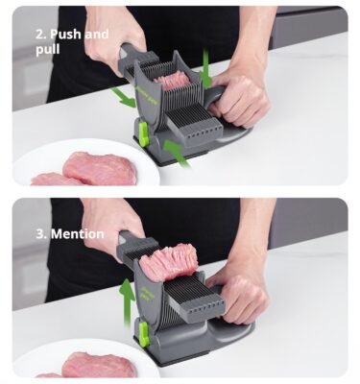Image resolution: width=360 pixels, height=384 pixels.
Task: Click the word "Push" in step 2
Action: [65, 35]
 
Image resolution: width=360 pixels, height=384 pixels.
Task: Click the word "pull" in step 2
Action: [47, 50]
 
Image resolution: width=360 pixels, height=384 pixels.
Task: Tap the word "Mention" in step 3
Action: [78, 233]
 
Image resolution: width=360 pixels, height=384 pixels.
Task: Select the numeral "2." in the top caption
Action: [41, 35]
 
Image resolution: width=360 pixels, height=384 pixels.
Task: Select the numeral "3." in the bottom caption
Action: [41, 233]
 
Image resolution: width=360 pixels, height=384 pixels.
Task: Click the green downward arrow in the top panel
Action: [205, 69]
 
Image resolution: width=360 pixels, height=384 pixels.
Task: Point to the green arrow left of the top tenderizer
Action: [124, 98]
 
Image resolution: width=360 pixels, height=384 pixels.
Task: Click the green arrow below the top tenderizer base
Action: [177, 154]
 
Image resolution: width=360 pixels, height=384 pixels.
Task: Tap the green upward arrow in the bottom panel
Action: [128, 302]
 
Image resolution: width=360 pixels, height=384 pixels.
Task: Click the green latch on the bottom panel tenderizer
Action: [144, 334]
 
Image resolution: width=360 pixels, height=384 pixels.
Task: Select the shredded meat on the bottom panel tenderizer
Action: [167, 262]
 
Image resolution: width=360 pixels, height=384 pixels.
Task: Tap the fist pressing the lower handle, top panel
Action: [238, 99]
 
